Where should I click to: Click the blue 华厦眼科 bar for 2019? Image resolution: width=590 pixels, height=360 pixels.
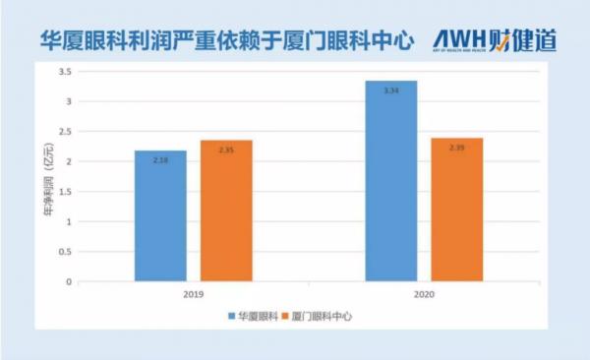[160, 216]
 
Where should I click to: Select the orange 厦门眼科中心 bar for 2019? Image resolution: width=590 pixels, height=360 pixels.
[226, 210]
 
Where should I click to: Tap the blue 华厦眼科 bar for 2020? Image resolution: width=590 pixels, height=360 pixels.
[390, 181]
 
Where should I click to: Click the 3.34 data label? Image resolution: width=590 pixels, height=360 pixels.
[390, 90]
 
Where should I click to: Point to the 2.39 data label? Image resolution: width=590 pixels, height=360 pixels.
[456, 148]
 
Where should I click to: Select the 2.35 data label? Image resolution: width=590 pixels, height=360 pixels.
[226, 150]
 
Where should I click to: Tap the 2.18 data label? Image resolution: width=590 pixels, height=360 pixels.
[160, 159]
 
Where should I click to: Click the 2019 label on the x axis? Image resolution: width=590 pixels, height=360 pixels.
[194, 293]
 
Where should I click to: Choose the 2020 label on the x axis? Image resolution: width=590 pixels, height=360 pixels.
[423, 293]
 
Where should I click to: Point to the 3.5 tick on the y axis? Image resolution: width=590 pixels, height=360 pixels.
[65, 72]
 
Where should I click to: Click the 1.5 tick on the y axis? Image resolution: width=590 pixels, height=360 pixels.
[65, 192]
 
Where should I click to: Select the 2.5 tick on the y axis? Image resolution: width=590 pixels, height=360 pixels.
[65, 132]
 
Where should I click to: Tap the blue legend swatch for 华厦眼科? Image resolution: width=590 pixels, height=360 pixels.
[232, 316]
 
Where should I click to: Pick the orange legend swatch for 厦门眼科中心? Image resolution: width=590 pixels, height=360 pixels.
[284, 316]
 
